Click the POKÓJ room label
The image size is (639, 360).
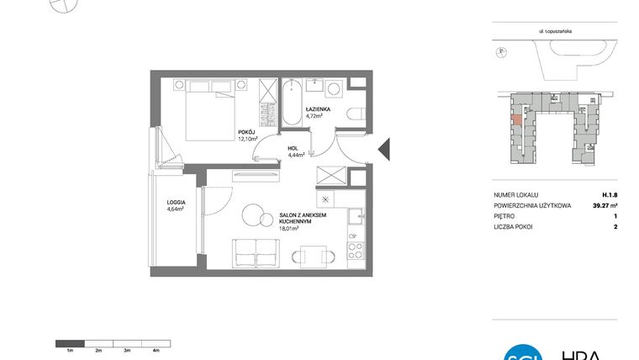tap(246, 132)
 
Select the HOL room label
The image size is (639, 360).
tap(293, 148)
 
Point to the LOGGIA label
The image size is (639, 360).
tap(176, 203)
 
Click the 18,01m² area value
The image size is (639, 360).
tap(291, 228)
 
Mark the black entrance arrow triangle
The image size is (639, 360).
tap(383, 149)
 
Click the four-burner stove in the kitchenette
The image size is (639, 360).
tap(356, 250)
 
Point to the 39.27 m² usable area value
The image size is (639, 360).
tap(603, 205)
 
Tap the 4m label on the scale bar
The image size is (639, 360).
tap(156, 349)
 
